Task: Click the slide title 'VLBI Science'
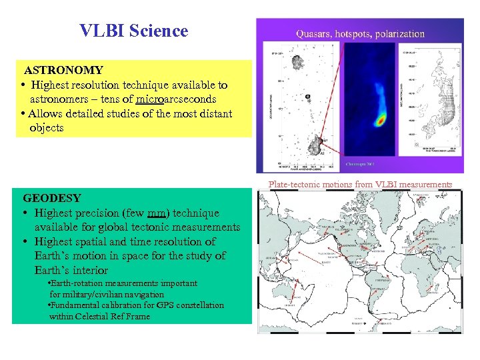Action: tap(133, 31)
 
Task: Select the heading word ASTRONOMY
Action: tap(64, 70)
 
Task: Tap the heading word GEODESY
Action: tap(52, 198)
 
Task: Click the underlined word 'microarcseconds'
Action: tap(175, 99)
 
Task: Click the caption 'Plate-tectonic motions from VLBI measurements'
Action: tap(360, 185)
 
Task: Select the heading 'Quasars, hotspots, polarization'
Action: tap(360, 33)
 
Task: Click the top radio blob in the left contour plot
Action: tap(293, 63)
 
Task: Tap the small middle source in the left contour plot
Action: tap(307, 97)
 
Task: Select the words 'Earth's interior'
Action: tap(71, 270)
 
